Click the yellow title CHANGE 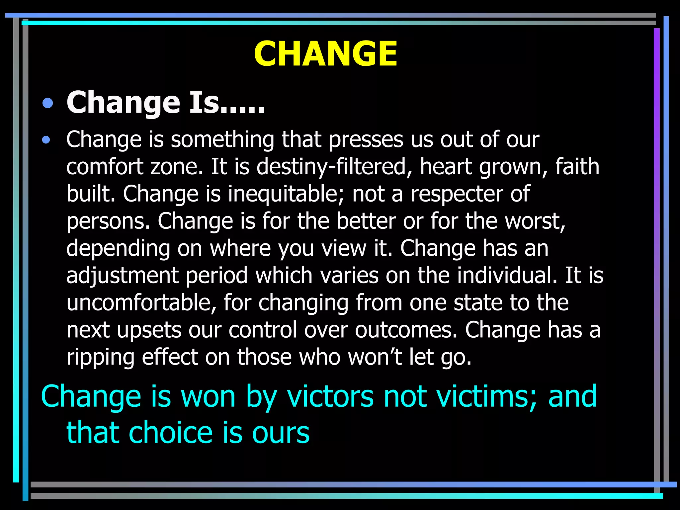coord(325,54)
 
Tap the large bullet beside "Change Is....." coord(48,103)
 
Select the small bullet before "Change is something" coord(46,140)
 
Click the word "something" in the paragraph coord(222,139)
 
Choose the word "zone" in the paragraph coord(176,167)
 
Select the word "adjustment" coord(123,276)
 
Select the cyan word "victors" coord(330,396)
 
